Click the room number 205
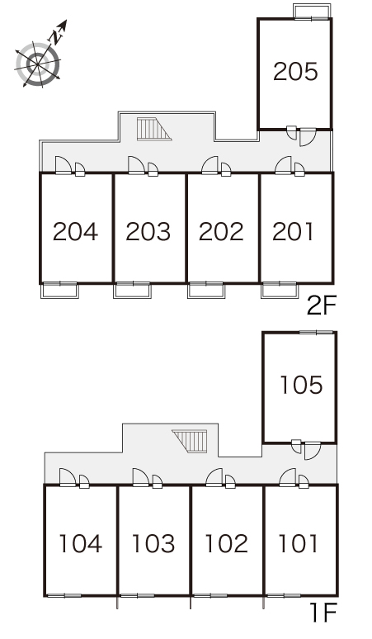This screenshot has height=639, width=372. [x=295, y=71]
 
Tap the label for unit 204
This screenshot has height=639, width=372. [x=75, y=231]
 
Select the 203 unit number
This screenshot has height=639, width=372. [x=148, y=231]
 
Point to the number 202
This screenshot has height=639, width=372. [x=221, y=231]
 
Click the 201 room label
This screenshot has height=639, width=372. [x=293, y=231]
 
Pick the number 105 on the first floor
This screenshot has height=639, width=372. [x=301, y=385]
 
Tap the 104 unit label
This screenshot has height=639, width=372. [x=81, y=543]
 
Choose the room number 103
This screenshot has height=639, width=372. [x=153, y=543]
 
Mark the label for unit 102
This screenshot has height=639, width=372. [x=227, y=543]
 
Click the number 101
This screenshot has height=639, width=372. [x=298, y=543]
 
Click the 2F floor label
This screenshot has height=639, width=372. [x=322, y=306]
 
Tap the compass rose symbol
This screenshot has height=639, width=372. [x=38, y=64]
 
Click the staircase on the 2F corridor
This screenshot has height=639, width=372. [x=154, y=129]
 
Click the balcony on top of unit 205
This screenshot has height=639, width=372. [x=312, y=12]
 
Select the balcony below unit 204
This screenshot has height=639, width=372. [x=60, y=290]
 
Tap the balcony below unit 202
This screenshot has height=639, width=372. [x=206, y=290]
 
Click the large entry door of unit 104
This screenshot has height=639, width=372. [x=68, y=477]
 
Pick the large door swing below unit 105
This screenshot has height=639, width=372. [x=313, y=450]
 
